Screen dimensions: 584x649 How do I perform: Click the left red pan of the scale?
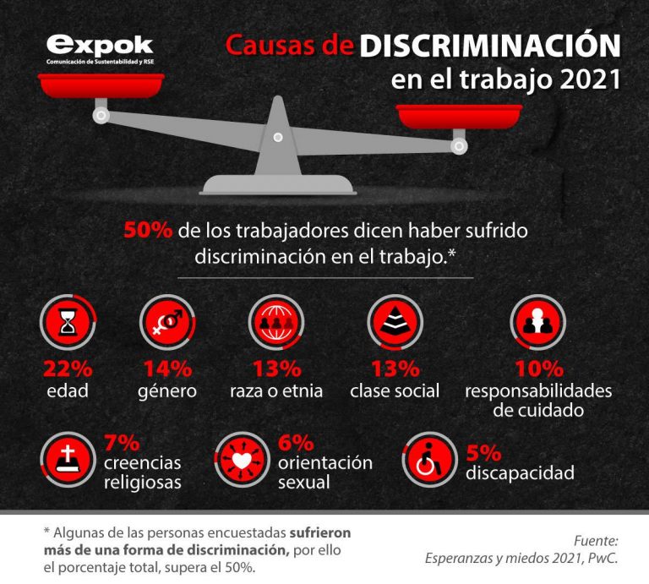(x=101, y=85)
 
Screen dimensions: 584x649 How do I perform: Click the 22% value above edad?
(x=68, y=369)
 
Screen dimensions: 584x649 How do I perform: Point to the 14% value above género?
(x=167, y=369)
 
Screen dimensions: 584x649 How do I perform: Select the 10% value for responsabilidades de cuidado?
(x=538, y=369)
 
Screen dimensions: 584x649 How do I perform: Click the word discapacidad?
(x=520, y=472)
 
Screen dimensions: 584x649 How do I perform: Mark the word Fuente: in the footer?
(x=595, y=540)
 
